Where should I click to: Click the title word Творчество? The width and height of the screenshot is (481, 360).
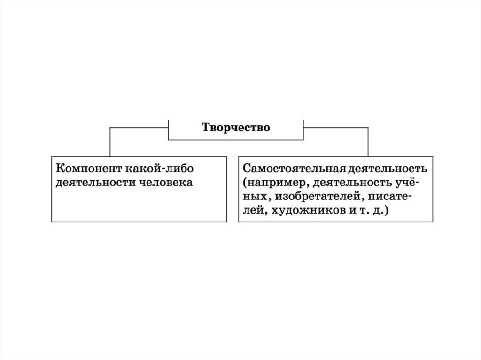(x=236, y=128)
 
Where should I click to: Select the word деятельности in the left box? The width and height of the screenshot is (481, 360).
(x=94, y=182)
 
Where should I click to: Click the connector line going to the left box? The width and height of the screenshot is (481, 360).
(x=110, y=141)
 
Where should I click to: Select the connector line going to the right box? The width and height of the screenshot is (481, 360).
(x=368, y=141)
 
